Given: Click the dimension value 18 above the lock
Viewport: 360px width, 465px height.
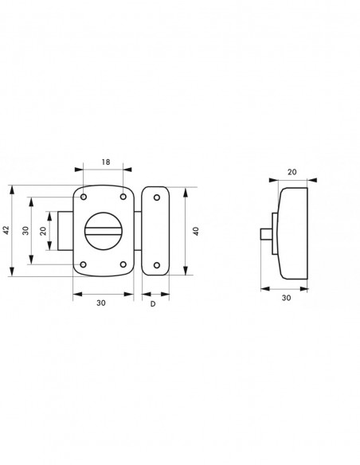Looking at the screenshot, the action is click(x=106, y=162).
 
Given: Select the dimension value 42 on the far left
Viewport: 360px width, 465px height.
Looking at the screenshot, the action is click(x=6, y=230).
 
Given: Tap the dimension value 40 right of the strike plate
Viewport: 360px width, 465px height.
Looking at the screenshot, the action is click(x=196, y=231).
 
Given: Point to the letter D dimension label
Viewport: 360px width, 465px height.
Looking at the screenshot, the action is click(x=153, y=304).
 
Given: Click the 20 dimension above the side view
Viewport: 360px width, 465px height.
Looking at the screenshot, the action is click(x=292, y=172).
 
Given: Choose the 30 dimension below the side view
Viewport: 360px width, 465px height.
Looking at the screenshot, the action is click(x=286, y=298).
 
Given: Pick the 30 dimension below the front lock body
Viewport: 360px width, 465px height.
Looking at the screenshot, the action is click(x=101, y=303).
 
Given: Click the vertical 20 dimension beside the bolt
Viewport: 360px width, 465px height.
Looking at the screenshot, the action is click(x=43, y=231).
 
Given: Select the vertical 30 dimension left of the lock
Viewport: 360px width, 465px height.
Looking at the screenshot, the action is click(x=25, y=230).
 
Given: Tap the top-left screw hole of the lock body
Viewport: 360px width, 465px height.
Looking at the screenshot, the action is click(x=84, y=197).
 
